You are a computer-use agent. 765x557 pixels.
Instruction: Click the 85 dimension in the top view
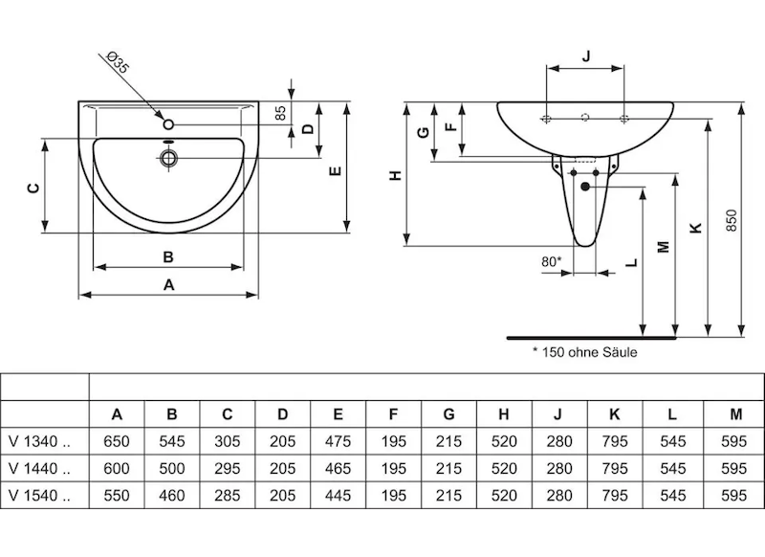280,112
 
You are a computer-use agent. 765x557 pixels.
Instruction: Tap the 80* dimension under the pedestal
551,259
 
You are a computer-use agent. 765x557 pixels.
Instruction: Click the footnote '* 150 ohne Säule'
584,352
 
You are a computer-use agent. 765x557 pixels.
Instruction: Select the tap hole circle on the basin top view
167,124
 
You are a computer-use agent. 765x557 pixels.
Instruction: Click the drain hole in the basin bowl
167,158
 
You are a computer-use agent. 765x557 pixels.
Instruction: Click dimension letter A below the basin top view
169,284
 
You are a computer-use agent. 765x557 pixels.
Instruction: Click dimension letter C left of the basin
32,188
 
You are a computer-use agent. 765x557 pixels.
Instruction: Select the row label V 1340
38,442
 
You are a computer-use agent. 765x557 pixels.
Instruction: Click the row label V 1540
38,496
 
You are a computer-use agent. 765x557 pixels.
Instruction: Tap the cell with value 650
117,442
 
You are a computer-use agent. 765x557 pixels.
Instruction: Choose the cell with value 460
172,496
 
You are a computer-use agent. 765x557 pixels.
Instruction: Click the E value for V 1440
338,469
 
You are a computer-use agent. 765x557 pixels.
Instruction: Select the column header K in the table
614,414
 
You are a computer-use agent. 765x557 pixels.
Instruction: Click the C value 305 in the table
227,442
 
